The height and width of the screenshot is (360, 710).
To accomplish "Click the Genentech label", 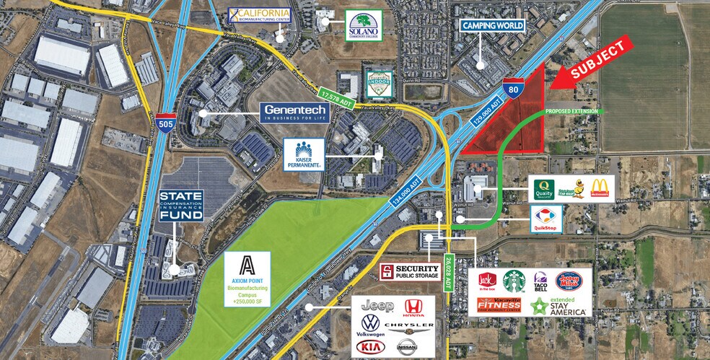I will (296, 112).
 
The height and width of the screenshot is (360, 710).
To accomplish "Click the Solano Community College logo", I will (361, 26).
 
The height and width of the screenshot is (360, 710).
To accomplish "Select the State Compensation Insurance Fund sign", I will (182, 205).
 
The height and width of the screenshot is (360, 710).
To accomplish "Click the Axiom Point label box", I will (247, 278).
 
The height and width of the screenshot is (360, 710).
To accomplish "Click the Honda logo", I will (413, 307).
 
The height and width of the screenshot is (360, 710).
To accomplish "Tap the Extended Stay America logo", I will (559, 305).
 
